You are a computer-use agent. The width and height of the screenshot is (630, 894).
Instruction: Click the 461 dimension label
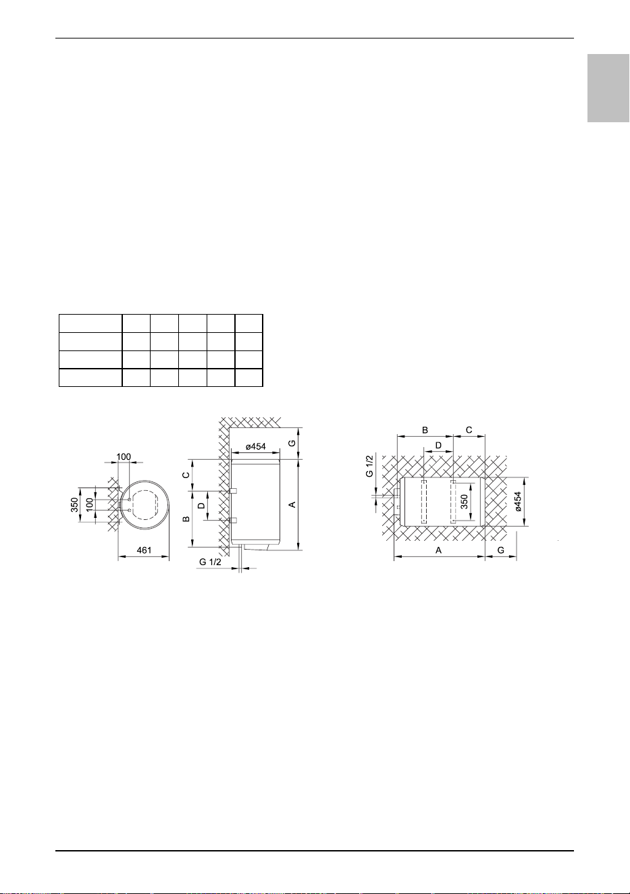point(144,550)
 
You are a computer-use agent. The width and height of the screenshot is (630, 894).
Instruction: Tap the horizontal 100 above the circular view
point(124,456)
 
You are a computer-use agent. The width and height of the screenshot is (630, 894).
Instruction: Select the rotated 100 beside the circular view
point(89,504)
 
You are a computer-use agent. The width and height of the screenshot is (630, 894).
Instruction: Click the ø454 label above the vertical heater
point(255,446)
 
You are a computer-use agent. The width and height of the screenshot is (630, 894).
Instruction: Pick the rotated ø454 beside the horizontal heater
point(518,502)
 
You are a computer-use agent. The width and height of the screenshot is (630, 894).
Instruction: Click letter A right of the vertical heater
point(292,505)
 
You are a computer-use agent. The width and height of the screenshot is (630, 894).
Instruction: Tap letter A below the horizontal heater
point(438,550)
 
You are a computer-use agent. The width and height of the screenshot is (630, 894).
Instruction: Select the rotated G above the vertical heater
point(292,443)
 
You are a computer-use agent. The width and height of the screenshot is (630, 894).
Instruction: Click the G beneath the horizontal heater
point(500,550)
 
